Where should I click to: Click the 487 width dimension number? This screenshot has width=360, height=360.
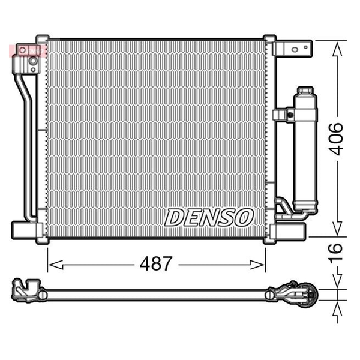coord(156,263)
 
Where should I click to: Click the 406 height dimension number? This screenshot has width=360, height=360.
coord(335,139)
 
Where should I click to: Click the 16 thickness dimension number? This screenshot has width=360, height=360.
coord(335,253)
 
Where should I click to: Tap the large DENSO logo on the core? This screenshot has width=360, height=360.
coord(209,218)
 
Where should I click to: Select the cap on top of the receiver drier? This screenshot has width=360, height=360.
coord(305,90)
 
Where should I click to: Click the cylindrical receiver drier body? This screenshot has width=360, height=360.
coord(305,152)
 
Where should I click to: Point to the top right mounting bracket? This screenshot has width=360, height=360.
coord(293,49)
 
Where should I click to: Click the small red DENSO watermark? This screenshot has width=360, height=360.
coord(28,51)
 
